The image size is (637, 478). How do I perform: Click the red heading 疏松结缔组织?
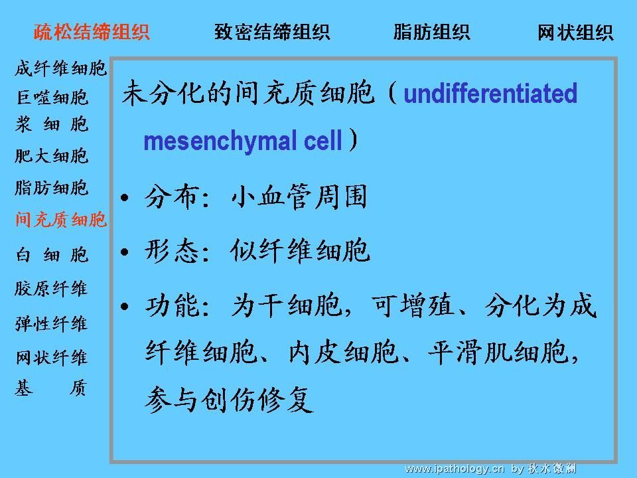click(92, 32)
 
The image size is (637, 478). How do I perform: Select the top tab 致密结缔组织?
click(272, 32)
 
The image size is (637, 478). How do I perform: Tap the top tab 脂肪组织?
click(431, 32)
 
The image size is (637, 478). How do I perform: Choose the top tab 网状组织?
click(575, 33)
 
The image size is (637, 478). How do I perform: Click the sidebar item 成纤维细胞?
click(60, 68)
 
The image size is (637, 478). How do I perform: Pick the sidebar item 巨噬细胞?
click(52, 98)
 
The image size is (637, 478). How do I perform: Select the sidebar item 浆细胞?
click(52, 124)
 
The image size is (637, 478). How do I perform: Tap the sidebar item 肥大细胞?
click(51, 155)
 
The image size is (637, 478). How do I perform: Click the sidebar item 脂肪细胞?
click(51, 188)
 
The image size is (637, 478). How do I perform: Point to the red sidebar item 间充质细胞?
click(61, 220)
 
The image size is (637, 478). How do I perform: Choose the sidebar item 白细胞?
click(52, 255)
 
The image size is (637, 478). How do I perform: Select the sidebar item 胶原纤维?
click(51, 289)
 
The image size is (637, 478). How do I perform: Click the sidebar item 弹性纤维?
click(51, 324)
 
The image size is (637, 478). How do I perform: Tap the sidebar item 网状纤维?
click(51, 358)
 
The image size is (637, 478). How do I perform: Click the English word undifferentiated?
click(490, 94)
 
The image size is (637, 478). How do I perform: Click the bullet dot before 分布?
click(125, 198)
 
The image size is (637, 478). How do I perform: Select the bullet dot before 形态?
click(125, 252)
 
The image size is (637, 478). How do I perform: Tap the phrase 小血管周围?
click(299, 197)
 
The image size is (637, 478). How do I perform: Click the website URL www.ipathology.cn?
click(455, 469)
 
